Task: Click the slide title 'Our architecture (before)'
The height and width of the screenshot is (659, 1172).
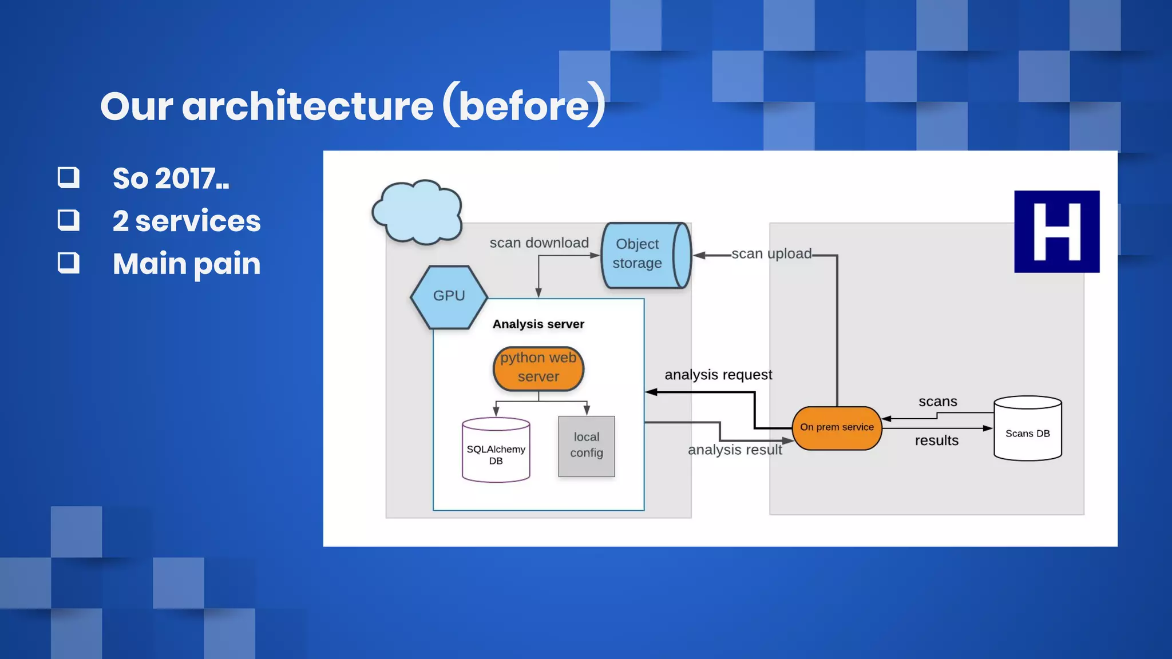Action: click(352, 106)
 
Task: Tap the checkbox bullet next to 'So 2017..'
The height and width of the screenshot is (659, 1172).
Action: click(69, 177)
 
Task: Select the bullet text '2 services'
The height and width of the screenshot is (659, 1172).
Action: click(187, 221)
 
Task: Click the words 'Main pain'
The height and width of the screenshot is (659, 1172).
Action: click(187, 264)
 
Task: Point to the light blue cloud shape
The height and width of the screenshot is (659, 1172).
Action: click(417, 212)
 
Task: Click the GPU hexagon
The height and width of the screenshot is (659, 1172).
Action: click(449, 296)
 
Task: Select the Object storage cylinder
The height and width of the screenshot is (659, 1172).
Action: click(645, 255)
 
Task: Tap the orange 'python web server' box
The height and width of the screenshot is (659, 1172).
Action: click(538, 368)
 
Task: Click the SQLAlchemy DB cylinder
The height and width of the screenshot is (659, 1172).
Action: click(496, 451)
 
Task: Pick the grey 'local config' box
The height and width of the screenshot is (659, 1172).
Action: click(586, 446)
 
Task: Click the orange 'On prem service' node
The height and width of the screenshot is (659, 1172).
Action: click(837, 427)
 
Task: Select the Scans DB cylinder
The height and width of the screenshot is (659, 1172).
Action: click(1027, 429)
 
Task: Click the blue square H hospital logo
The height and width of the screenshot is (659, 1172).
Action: click(1056, 232)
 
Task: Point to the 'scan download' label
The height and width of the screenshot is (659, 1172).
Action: click(539, 243)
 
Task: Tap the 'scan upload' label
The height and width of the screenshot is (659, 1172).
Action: click(771, 253)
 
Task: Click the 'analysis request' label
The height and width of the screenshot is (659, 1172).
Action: click(718, 375)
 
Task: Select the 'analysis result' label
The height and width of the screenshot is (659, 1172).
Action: click(734, 450)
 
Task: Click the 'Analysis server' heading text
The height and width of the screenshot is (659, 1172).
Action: click(538, 324)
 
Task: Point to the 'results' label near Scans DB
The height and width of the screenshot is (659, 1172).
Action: click(936, 440)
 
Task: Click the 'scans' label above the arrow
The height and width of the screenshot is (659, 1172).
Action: click(937, 402)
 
